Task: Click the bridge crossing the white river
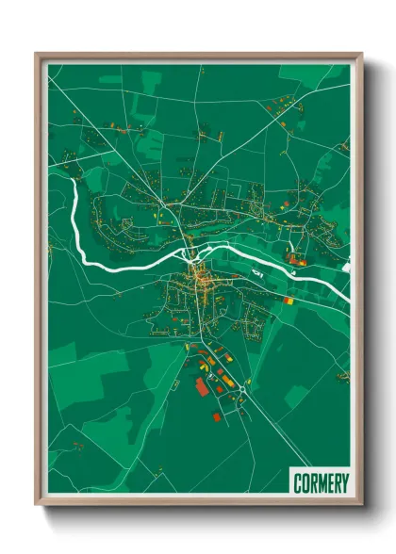pyautogui.click(x=195, y=252)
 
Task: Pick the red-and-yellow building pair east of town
pyautogui.click(x=286, y=299)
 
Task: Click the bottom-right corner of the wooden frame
pyautogui.click(x=360, y=502)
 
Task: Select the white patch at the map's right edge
pyautogui.click(x=348, y=267)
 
